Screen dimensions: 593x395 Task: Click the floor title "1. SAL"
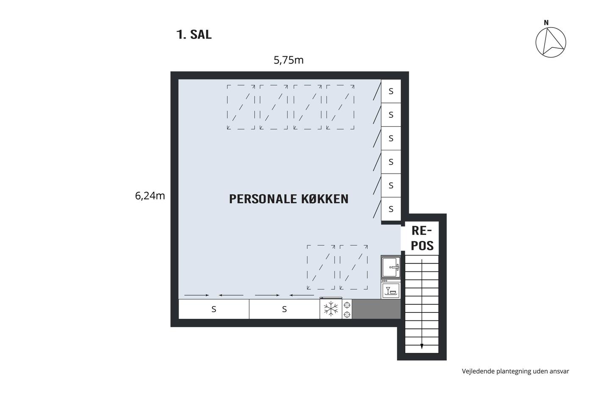pyautogui.click(x=194, y=35)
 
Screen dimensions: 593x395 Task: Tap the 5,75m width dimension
pyautogui.click(x=288, y=60)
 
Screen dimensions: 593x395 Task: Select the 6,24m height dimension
pyautogui.click(x=150, y=196)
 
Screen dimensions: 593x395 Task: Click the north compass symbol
pyautogui.click(x=551, y=42)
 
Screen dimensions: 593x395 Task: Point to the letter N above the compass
pyautogui.click(x=546, y=23)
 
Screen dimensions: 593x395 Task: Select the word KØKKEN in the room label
pyautogui.click(x=325, y=199)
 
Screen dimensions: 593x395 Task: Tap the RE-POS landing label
pyautogui.click(x=422, y=238)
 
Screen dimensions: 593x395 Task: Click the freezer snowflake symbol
pyautogui.click(x=331, y=309)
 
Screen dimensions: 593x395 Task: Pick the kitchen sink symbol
pyautogui.click(x=391, y=267)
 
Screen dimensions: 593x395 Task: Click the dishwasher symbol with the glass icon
pyautogui.click(x=391, y=290)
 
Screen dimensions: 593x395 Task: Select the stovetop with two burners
pyautogui.click(x=347, y=309)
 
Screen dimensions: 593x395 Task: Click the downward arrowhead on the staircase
pyautogui.click(x=422, y=346)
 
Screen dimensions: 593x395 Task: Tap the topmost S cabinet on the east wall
pyautogui.click(x=391, y=91)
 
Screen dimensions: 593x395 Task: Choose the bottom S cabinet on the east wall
pyautogui.click(x=391, y=209)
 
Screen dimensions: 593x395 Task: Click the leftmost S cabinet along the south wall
pyautogui.click(x=214, y=309)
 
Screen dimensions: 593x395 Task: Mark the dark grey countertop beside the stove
pyautogui.click(x=377, y=309)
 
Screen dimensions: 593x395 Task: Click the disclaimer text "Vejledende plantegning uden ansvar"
pyautogui.click(x=515, y=371)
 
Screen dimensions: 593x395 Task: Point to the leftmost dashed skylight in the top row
pyautogui.click(x=241, y=107)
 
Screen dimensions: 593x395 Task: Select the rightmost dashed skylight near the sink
pyautogui.click(x=354, y=267)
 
